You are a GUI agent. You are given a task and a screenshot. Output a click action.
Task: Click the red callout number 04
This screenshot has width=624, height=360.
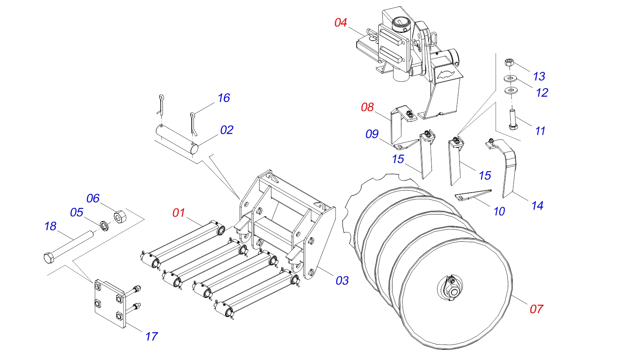click(341, 23)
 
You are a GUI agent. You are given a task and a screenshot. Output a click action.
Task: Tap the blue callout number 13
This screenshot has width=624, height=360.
click(539, 76)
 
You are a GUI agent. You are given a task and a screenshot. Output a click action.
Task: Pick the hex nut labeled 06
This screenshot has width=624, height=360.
click(120, 217)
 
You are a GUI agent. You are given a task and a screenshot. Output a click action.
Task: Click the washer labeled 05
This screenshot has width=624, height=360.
click(104, 225)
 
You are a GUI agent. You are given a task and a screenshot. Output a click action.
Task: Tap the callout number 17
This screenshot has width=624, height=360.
click(152, 336)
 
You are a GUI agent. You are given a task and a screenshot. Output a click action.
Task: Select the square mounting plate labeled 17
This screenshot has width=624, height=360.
click(110, 304)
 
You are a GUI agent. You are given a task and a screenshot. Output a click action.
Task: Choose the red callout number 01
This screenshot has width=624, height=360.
click(179, 213)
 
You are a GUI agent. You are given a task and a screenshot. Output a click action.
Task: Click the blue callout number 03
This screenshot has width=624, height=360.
click(342, 281)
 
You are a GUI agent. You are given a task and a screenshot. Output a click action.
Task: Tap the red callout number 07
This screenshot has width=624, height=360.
click(536, 309)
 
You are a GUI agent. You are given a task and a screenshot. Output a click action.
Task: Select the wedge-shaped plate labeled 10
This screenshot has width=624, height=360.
click(473, 195)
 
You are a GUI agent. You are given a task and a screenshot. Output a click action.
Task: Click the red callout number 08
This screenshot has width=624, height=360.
click(367, 107)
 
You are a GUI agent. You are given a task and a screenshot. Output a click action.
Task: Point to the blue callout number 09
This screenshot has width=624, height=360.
click(372, 134)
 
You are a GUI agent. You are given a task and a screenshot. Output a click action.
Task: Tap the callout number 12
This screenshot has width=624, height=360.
click(542, 93)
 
